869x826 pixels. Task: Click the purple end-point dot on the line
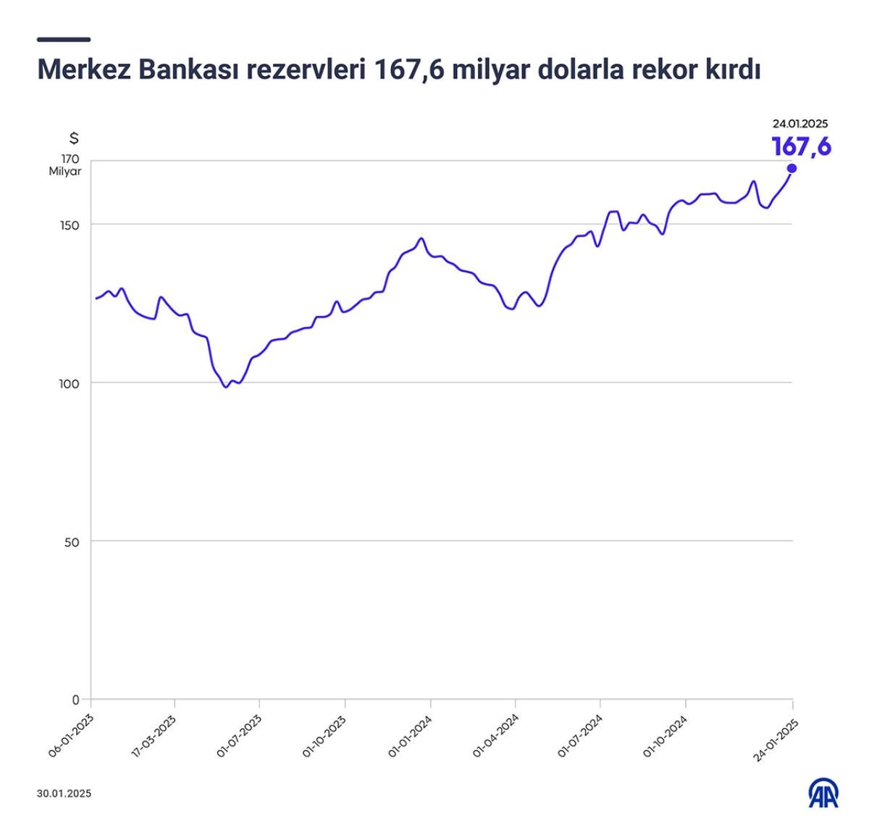coord(792,168)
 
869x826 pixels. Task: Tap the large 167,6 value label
coord(801,146)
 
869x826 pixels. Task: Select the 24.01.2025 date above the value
coord(799,124)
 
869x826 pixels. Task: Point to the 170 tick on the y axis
coord(70,159)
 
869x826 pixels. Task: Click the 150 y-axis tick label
coord(70,225)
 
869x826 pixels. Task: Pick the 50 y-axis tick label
coord(72,541)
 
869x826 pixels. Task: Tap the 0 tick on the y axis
coord(75,700)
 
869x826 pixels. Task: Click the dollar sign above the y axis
coord(73,138)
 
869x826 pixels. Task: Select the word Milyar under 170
coord(65,172)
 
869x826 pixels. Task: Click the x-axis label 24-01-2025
coord(775,739)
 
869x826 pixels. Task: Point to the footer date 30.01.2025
coord(64,793)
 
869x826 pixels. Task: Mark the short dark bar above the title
coord(64,39)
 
